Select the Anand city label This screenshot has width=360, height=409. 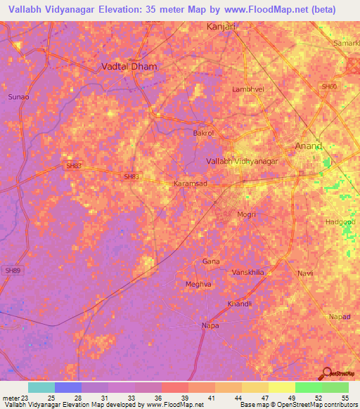(x=307, y=146)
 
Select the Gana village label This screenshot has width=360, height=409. (x=211, y=261)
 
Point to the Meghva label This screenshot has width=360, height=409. (x=198, y=284)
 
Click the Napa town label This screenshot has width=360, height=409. (x=210, y=325)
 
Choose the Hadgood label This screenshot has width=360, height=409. (x=340, y=221)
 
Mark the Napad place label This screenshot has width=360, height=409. (x=340, y=316)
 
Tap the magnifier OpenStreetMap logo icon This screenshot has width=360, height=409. (x=326, y=374)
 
